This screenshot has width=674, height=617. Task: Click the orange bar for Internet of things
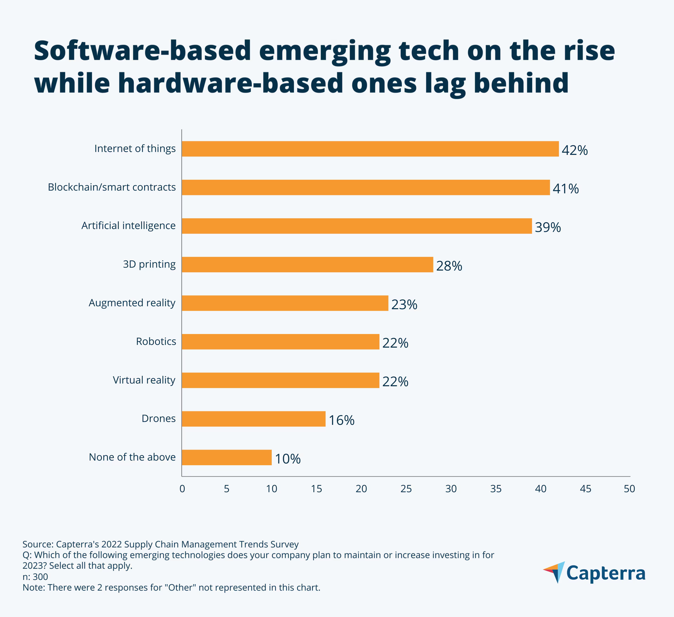coord(370,149)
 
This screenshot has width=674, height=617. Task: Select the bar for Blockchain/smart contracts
coord(366,187)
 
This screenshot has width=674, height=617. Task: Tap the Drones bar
coord(253,419)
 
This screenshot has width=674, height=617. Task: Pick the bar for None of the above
coord(227,457)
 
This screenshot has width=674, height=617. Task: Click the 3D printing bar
coord(307,265)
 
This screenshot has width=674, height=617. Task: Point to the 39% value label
coord(548,227)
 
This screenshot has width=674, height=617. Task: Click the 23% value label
coord(404,304)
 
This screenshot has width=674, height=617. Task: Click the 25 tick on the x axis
coord(406,489)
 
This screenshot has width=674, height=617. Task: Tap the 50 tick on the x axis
coord(629,489)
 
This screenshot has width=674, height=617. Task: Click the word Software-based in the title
coord(142,51)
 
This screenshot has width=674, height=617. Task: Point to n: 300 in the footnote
coord(35,577)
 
